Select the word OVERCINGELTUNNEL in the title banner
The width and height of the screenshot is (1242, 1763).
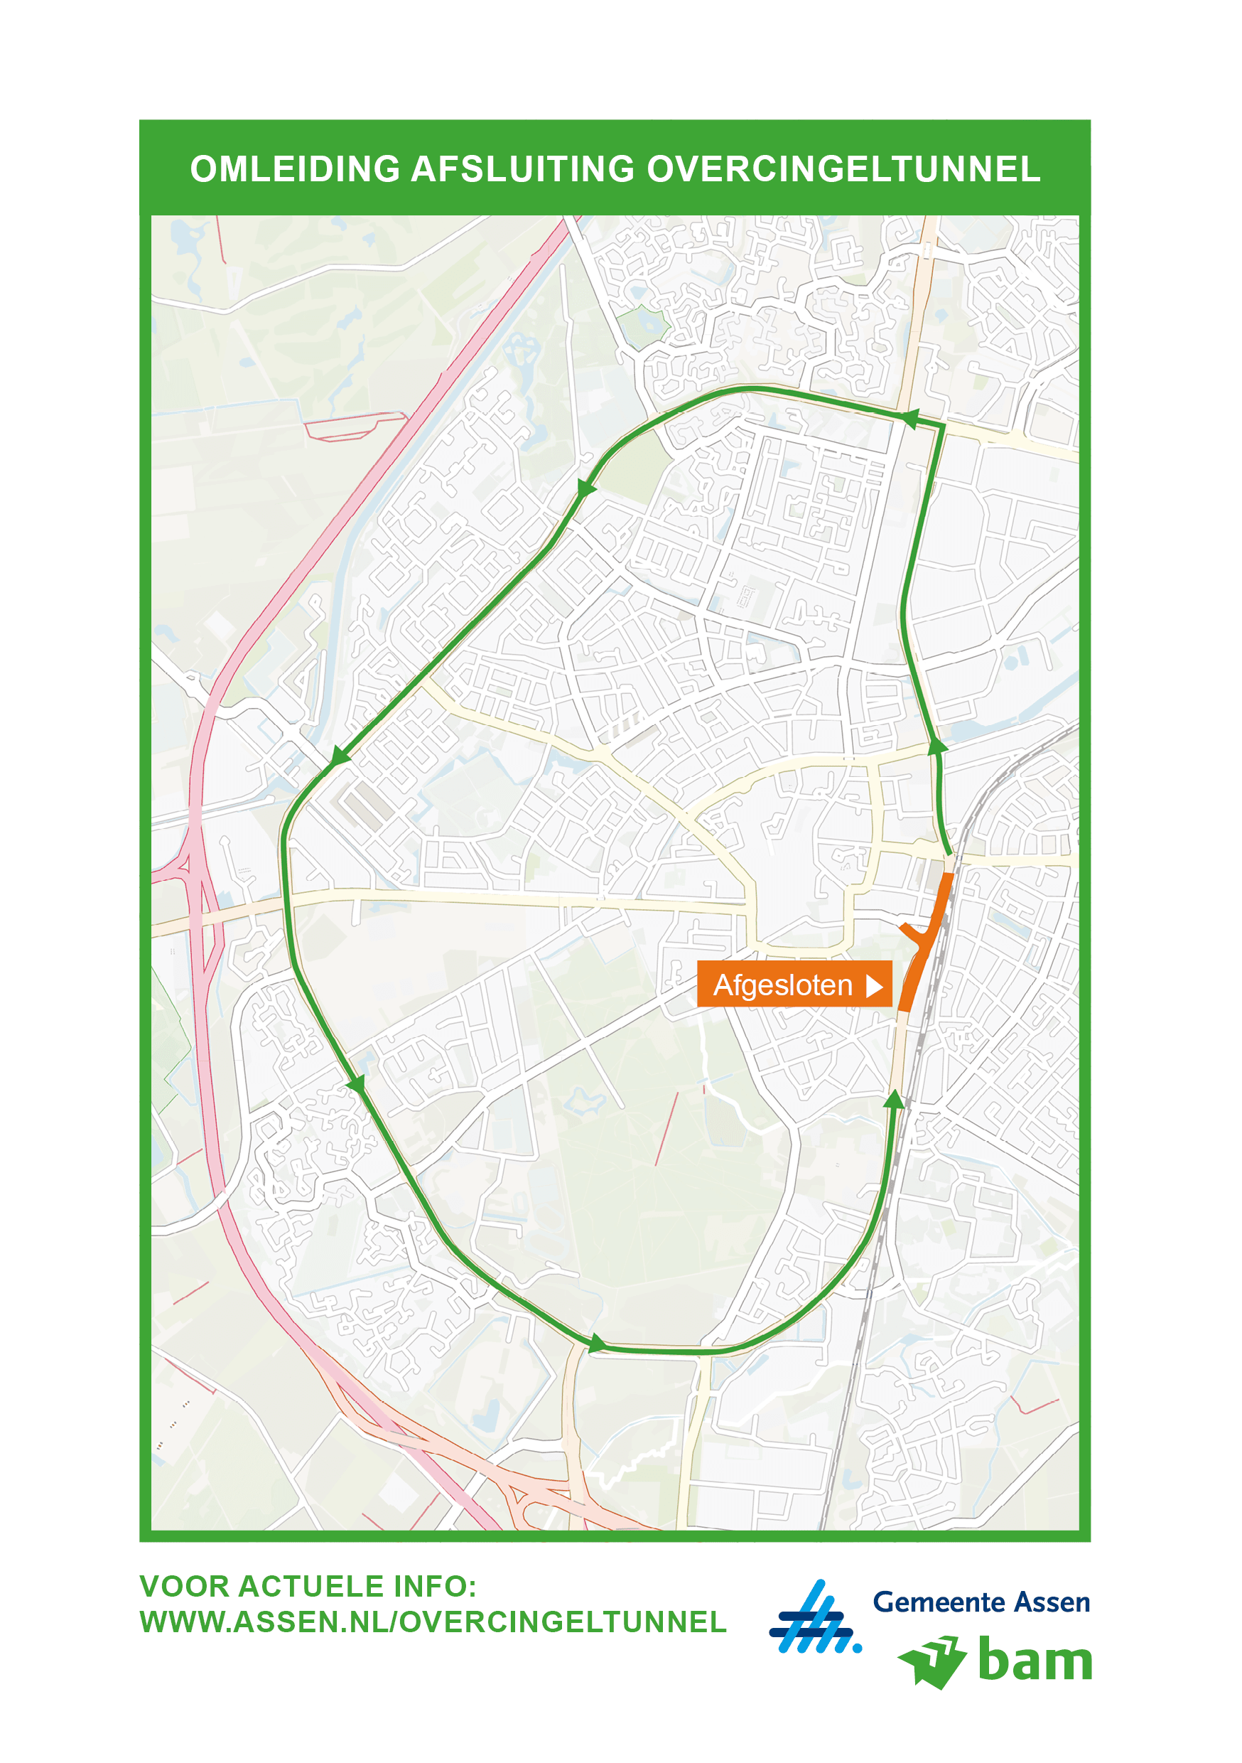click(843, 170)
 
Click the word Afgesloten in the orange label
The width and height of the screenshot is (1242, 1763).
click(782, 985)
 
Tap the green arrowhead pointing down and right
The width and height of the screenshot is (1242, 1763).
click(356, 1084)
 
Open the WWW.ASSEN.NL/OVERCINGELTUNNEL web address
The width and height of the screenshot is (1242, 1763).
click(433, 1622)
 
